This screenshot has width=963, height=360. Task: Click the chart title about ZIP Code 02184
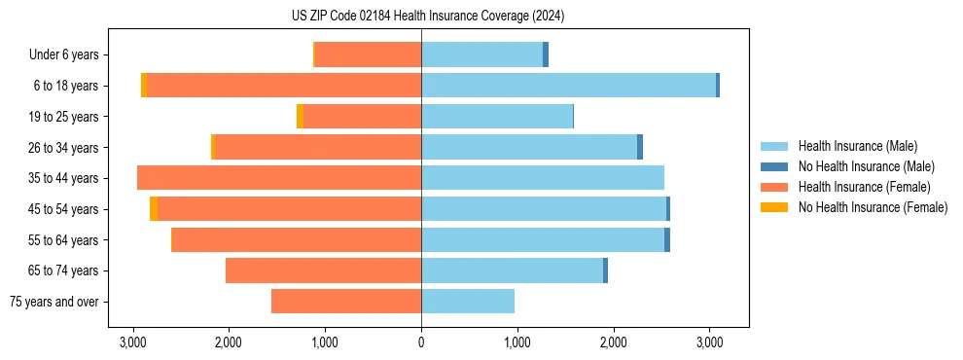(421, 17)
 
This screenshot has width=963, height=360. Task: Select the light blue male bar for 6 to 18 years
(568, 86)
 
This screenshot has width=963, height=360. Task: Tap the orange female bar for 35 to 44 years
(279, 178)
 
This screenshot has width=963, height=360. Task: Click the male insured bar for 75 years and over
(468, 302)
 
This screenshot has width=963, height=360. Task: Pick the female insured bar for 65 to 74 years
(323, 270)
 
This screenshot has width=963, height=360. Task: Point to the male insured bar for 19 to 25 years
(497, 117)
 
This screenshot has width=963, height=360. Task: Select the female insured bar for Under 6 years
(368, 55)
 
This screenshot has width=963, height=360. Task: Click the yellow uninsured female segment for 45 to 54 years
(154, 209)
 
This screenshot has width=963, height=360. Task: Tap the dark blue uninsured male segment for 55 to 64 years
(667, 240)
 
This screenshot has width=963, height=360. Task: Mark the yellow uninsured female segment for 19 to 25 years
(300, 117)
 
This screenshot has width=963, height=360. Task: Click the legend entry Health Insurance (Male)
(857, 146)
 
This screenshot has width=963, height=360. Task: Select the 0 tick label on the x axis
(421, 342)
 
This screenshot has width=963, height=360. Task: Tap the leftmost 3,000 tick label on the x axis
(132, 342)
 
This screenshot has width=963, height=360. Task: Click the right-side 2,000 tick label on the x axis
(613, 342)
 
